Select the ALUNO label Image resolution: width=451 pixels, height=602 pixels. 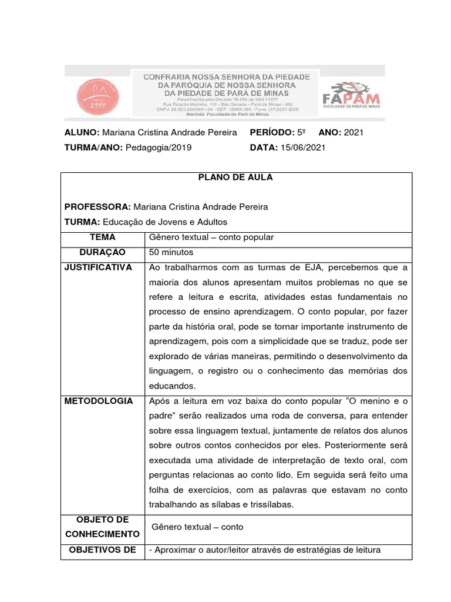(82, 132)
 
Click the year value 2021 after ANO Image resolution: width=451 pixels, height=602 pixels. (354, 132)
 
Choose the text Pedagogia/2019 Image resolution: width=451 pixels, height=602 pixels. (158, 148)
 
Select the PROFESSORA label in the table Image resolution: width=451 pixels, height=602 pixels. (97, 207)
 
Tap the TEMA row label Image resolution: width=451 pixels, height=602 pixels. (103, 238)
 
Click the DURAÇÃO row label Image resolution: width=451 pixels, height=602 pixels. (103, 252)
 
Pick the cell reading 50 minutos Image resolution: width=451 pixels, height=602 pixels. (171, 252)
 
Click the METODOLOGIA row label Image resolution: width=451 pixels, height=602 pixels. (99, 401)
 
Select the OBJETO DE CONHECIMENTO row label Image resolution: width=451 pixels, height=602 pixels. (103, 527)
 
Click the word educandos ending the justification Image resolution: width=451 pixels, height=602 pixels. (172, 386)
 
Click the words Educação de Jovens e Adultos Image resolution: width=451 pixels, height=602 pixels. (165, 222)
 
